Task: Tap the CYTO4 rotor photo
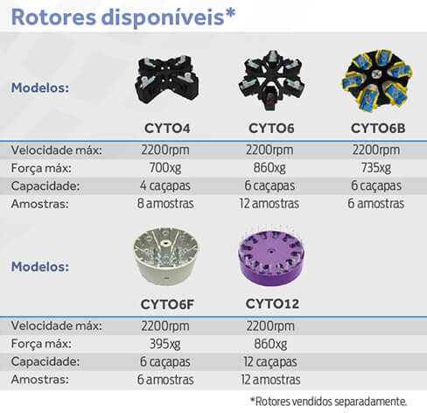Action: [167, 80]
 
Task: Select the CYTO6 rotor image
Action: [271, 80]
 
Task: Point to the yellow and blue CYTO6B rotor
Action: [377, 80]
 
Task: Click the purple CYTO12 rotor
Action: [271, 257]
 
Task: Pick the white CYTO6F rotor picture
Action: [166, 256]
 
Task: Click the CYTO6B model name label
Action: [378, 129]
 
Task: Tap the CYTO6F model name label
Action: [167, 304]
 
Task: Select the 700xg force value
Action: [165, 168]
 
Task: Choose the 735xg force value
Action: [376, 168]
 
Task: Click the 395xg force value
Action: [165, 344]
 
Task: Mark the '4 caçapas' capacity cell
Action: [165, 185]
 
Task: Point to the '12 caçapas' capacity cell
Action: [270, 362]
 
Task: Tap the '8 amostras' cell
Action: [165, 204]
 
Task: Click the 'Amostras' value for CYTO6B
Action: [376, 204]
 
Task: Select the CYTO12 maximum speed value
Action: [270, 326]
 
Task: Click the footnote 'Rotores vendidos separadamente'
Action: [328, 402]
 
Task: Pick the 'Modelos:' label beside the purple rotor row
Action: [40, 267]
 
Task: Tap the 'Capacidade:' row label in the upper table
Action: [45, 186]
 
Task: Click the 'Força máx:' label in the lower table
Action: [41, 344]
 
